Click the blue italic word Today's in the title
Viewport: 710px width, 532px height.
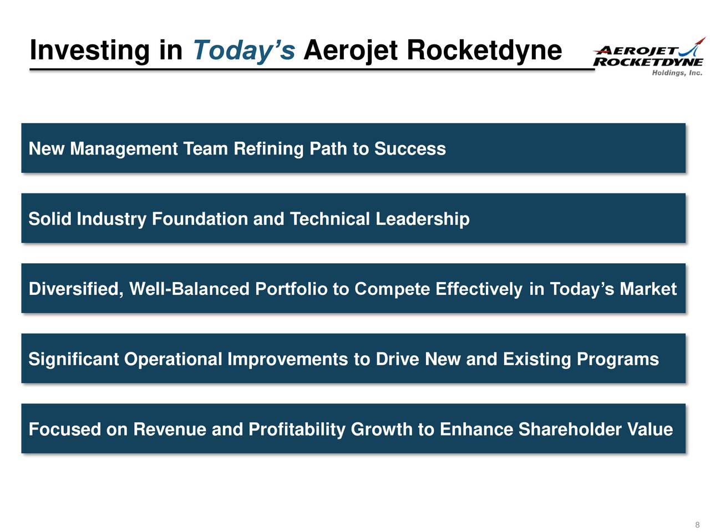(244, 50)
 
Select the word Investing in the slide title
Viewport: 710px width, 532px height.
(89, 50)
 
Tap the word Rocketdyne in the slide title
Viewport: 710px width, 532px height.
(484, 50)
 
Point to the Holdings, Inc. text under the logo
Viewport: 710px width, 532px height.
(677, 73)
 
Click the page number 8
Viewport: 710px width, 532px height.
(697, 525)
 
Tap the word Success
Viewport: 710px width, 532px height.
(410, 149)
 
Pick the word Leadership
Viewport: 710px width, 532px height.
(422, 219)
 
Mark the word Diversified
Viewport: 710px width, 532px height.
(76, 289)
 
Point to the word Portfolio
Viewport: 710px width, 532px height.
(291, 289)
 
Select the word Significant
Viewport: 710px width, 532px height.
(74, 360)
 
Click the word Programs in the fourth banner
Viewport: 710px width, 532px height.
(617, 360)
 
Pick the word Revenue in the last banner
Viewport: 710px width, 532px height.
(170, 429)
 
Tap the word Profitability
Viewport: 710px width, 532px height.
(297, 429)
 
